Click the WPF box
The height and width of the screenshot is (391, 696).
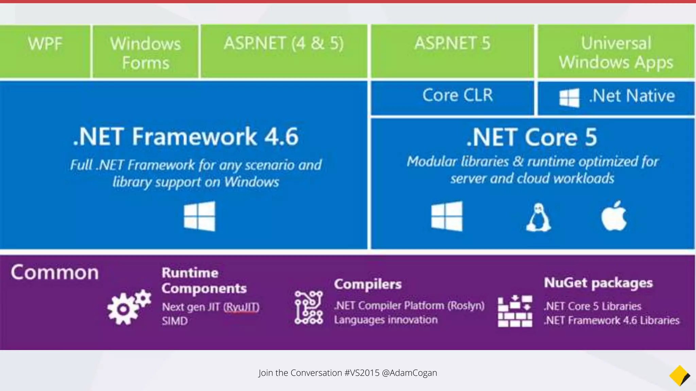[x=45, y=51]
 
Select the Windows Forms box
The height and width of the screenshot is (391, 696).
[x=145, y=52]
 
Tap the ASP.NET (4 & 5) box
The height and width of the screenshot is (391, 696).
[x=284, y=51]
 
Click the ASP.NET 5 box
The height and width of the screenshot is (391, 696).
[x=452, y=51]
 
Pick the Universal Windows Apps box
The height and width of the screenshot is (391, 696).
[x=616, y=52]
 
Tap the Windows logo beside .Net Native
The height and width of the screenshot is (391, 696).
[x=569, y=98]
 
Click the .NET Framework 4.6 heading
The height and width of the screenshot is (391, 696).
[x=186, y=137]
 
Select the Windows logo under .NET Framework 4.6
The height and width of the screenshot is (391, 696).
[x=199, y=216]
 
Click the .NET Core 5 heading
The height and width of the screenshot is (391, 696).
[x=532, y=137]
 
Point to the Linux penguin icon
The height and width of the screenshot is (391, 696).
[x=538, y=218]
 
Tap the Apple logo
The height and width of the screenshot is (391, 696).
[x=614, y=216]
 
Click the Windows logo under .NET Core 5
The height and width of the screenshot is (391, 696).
[x=447, y=216]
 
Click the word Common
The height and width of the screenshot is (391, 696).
[x=55, y=273]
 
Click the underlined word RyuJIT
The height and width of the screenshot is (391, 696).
[x=241, y=307]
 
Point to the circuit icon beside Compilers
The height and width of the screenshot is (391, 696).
[x=309, y=308]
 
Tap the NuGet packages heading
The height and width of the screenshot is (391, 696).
[x=598, y=283]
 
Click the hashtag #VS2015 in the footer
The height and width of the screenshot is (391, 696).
[x=362, y=373]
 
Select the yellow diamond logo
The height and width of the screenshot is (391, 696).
[x=679, y=375]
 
